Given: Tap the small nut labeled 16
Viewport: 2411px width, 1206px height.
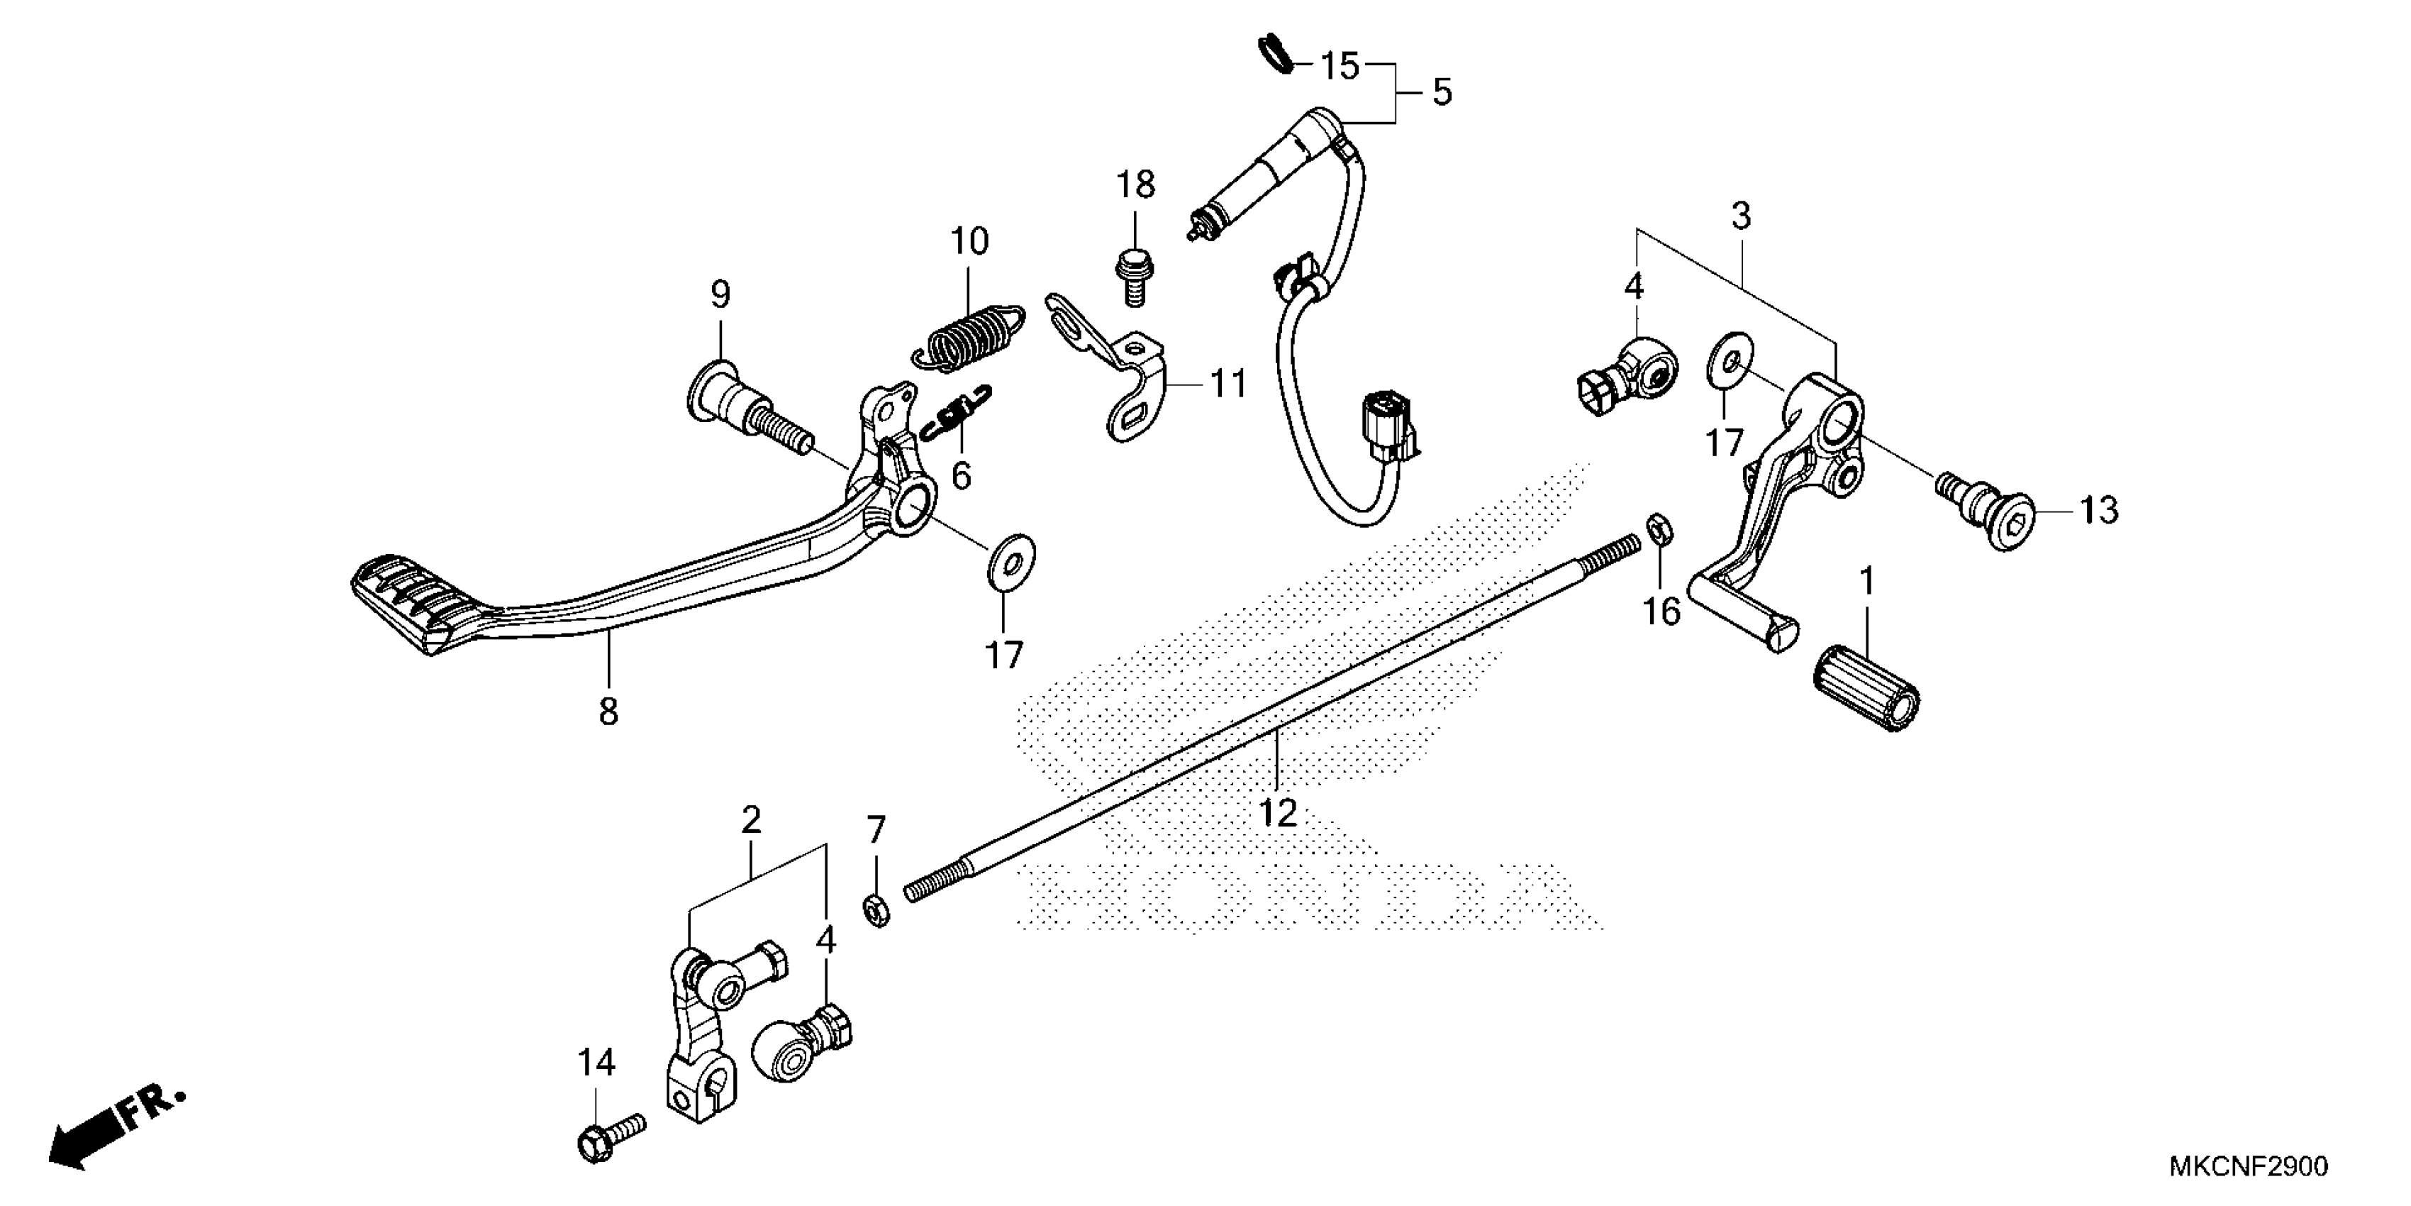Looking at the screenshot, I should (1655, 528).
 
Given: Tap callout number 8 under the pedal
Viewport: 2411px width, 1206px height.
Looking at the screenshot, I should (608, 712).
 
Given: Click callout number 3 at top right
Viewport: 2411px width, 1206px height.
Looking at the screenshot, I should (1740, 216).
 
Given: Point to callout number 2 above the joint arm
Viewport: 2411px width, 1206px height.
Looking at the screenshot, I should (751, 821).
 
